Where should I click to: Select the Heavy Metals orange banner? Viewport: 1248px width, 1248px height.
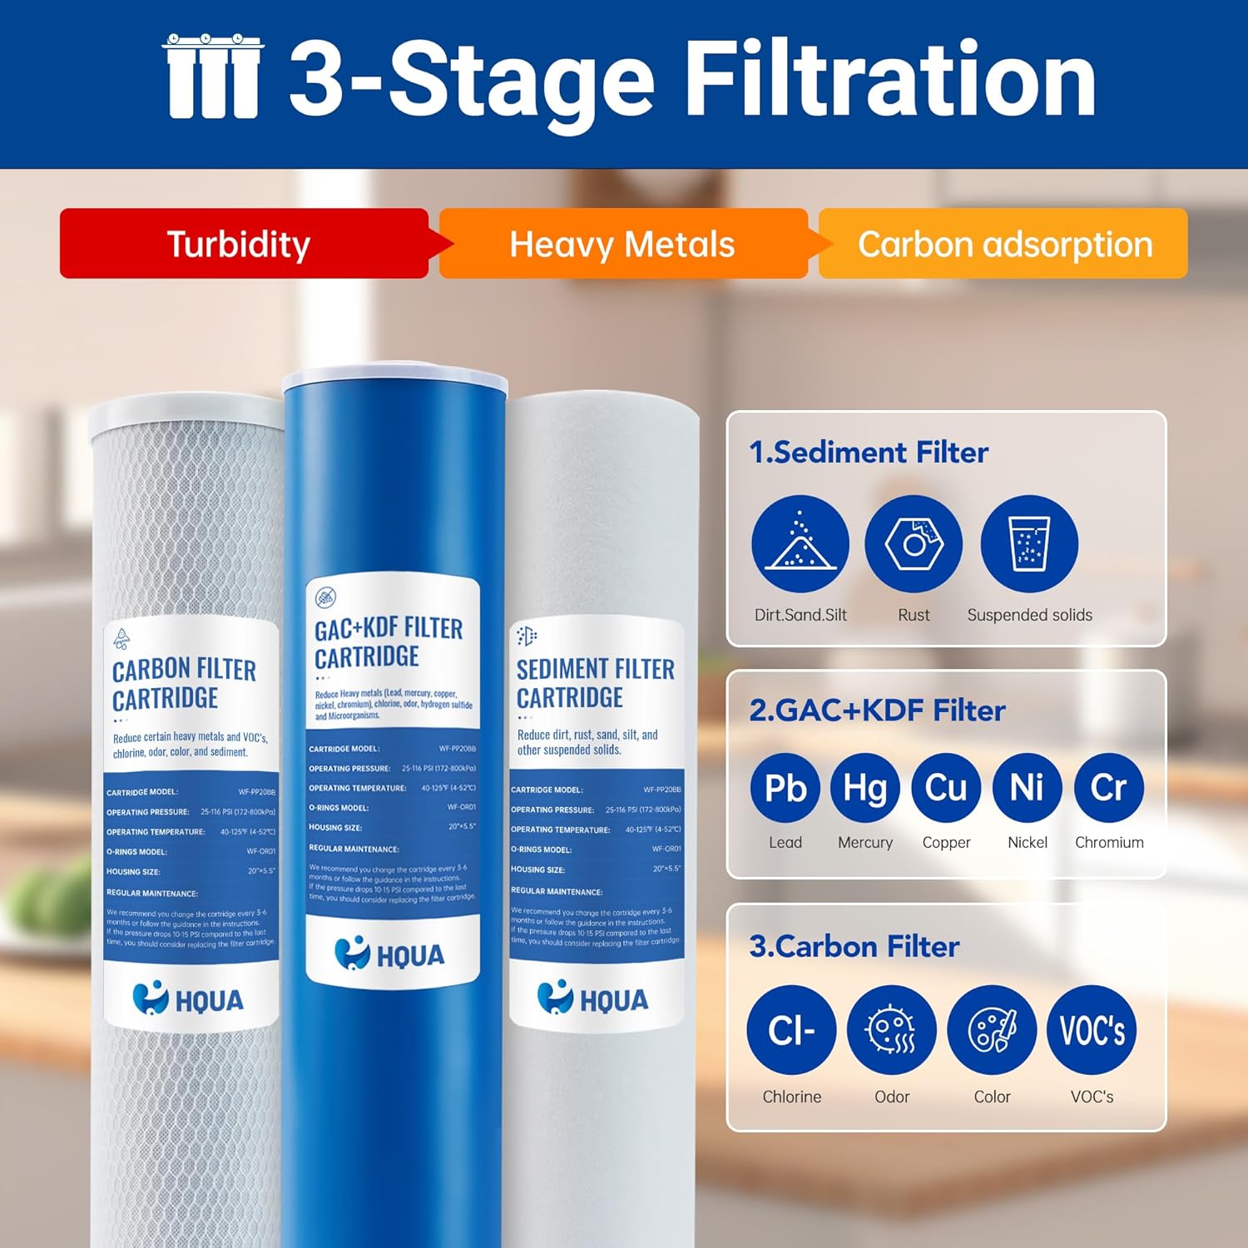tap(622, 244)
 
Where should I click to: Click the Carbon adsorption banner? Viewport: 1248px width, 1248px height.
tap(1004, 244)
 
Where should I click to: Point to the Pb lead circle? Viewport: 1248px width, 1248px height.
tap(785, 788)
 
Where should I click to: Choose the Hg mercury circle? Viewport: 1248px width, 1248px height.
tap(865, 788)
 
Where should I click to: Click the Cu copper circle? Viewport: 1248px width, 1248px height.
tap(946, 788)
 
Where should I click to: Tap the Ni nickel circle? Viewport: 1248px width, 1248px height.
tap(1027, 788)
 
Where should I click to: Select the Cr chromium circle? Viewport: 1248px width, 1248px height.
tap(1108, 788)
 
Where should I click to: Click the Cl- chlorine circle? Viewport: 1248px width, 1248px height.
tap(791, 1030)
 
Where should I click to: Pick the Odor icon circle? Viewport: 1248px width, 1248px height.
tap(892, 1030)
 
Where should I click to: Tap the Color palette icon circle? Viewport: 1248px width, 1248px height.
tap(992, 1030)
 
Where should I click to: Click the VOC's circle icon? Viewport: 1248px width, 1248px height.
tap(1092, 1030)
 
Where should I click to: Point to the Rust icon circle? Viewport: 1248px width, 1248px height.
tap(914, 544)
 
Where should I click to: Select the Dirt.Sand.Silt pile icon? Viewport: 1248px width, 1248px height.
tap(800, 544)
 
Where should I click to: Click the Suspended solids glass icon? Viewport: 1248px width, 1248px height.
tap(1029, 544)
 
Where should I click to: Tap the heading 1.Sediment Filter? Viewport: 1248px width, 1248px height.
tap(869, 452)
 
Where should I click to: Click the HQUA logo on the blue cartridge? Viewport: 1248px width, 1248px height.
tap(390, 954)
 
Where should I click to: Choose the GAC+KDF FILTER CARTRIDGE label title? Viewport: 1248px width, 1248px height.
tap(388, 642)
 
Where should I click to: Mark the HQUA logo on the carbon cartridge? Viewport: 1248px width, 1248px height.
tap(189, 999)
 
